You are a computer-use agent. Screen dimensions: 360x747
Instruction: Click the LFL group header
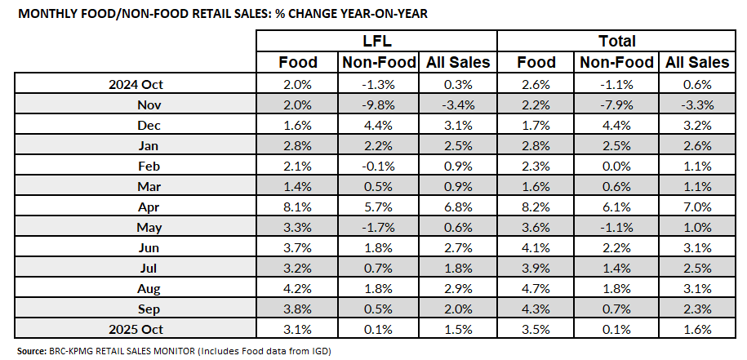click(x=376, y=41)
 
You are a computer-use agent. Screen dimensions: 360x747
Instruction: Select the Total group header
click(x=616, y=41)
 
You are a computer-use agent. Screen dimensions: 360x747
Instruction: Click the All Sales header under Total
click(x=697, y=62)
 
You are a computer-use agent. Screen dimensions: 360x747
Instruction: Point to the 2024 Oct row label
click(x=136, y=83)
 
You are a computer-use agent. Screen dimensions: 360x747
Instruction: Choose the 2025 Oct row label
click(x=136, y=329)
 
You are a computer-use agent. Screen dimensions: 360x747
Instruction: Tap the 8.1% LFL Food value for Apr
click(x=297, y=207)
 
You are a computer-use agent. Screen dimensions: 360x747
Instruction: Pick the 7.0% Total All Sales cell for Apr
click(x=697, y=207)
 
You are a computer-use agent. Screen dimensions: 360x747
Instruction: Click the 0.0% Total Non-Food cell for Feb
click(x=617, y=166)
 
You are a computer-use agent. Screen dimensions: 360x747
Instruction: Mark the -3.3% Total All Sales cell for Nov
click(x=697, y=104)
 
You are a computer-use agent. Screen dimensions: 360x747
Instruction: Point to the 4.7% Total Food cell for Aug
click(x=536, y=288)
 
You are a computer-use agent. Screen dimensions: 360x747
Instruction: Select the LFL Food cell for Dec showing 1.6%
click(x=297, y=125)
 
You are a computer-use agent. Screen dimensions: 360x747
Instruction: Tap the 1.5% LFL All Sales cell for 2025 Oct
click(x=457, y=329)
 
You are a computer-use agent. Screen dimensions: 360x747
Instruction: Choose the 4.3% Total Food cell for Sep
click(x=536, y=309)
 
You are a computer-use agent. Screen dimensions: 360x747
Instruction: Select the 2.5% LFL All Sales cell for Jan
click(x=457, y=145)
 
